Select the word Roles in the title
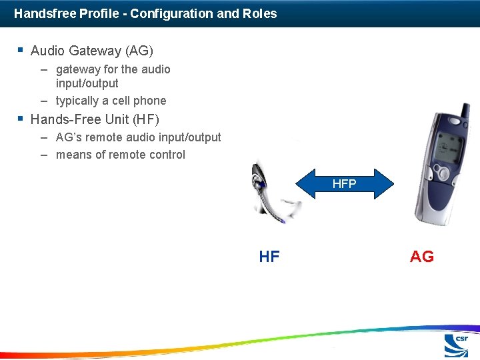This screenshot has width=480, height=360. (261, 13)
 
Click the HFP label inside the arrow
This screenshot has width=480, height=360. (344, 184)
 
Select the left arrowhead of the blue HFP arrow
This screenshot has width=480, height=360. (303, 184)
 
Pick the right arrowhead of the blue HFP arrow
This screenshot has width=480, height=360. (387, 184)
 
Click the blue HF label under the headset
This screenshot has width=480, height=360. (269, 257)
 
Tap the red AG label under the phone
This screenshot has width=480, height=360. (421, 257)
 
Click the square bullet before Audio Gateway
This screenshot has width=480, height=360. (21, 50)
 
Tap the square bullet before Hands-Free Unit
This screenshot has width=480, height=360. (21, 119)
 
